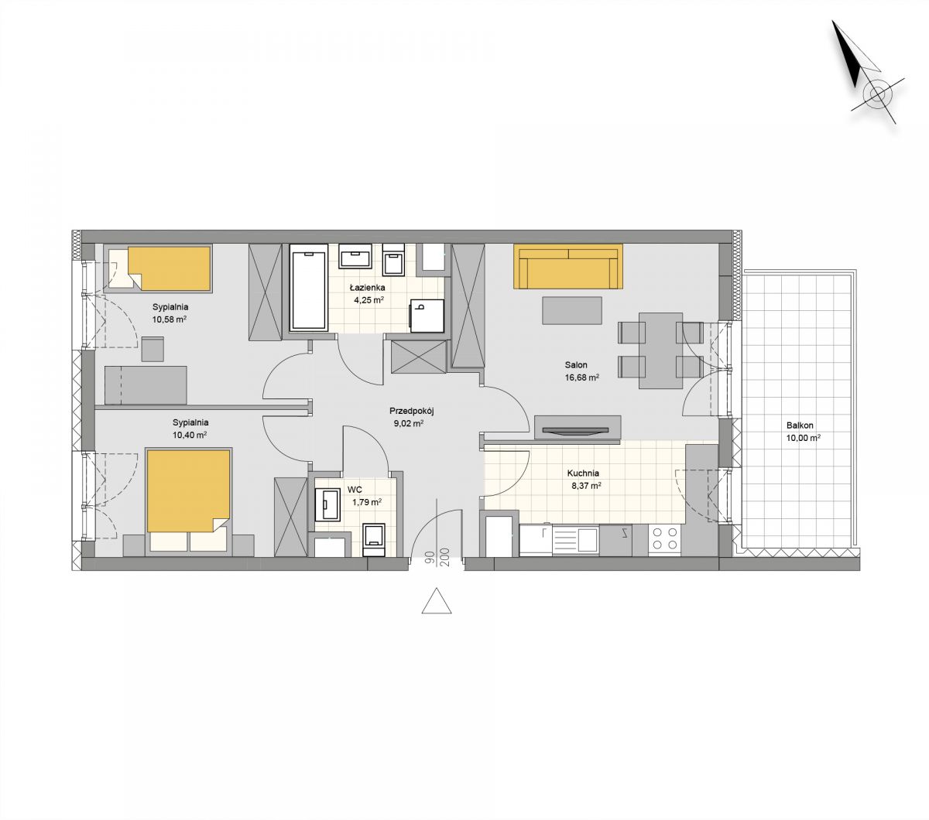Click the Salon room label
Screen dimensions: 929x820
576,365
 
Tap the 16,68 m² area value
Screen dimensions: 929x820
582,378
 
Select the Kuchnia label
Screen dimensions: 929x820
583,473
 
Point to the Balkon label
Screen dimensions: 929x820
800,425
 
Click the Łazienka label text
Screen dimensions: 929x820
367,288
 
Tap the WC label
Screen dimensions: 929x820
355,490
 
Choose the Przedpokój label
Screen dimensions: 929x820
411,411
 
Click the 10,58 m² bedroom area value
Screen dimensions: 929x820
170,319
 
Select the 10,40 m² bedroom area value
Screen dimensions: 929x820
190,435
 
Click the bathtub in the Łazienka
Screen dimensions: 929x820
309,287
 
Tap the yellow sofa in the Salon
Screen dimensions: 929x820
568,266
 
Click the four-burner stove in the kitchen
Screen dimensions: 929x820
665,539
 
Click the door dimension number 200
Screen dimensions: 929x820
444,557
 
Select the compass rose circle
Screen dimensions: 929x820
876,95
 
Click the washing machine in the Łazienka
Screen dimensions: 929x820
427,316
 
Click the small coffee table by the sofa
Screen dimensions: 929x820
572,310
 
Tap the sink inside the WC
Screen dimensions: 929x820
327,504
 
